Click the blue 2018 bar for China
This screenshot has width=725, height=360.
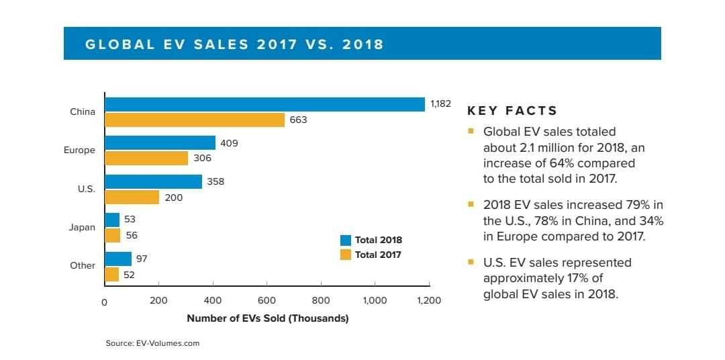[264, 104]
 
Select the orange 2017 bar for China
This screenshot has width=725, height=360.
[195, 120]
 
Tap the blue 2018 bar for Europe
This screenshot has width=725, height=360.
[160, 142]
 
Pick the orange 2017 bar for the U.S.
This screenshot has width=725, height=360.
[132, 197]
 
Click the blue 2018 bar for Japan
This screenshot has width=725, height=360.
[112, 220]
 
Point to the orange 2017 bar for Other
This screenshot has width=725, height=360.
[111, 274]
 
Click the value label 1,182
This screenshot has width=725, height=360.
[440, 104]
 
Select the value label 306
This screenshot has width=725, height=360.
[202, 159]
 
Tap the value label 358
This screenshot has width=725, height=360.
[216, 181]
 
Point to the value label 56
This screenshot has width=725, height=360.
[132, 236]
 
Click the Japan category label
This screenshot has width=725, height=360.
[82, 227]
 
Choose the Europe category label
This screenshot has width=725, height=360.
[79, 150]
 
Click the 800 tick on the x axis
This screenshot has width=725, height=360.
[321, 301]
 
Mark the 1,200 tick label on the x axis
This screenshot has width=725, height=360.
[428, 301]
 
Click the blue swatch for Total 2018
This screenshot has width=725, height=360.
[346, 240]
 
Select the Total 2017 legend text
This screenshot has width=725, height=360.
[378, 255]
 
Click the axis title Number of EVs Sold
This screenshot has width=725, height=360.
[267, 318]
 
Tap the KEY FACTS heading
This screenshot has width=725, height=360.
[512, 111]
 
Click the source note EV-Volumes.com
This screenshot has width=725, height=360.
[152, 343]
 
